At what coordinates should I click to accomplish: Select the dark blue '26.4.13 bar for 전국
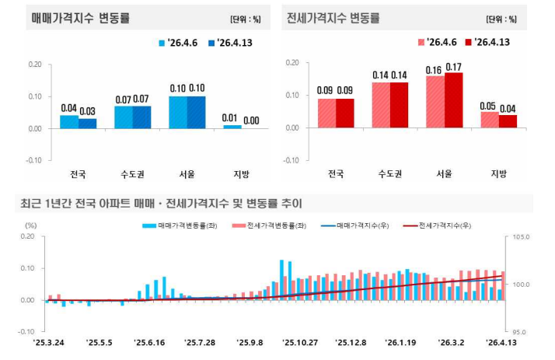tap(88, 123)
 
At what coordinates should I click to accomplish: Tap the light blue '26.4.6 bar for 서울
tap(178, 112)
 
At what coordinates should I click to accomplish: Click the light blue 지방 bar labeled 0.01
tap(232, 127)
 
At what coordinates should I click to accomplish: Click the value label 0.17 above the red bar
tap(453, 66)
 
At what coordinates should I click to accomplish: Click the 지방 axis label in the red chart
tap(498, 173)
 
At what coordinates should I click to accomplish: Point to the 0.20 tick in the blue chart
tap(34, 64)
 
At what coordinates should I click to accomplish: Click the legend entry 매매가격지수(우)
tap(362, 225)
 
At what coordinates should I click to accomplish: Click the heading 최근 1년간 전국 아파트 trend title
tap(161, 204)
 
